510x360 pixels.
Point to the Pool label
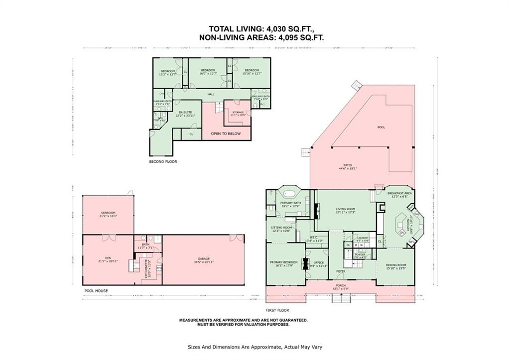(x=381, y=127)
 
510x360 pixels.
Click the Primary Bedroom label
(x=283, y=263)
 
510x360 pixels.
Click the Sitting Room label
(x=280, y=229)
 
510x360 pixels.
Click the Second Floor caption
(x=163, y=162)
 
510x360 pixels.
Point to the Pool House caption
(x=95, y=291)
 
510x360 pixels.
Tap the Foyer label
(x=340, y=271)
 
